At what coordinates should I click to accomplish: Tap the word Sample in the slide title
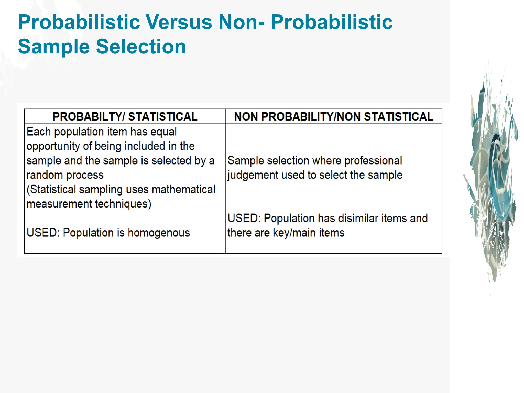[x=54, y=47]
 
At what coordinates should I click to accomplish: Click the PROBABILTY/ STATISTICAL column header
[x=125, y=117]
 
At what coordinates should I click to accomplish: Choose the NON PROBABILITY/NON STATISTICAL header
[x=333, y=117]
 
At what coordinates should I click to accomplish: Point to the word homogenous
[x=159, y=233]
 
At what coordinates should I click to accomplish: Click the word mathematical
[x=183, y=190]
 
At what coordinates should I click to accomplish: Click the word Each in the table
[x=39, y=132]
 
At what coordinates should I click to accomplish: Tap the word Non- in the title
[x=241, y=22]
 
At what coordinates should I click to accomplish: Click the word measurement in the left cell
[x=59, y=204]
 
